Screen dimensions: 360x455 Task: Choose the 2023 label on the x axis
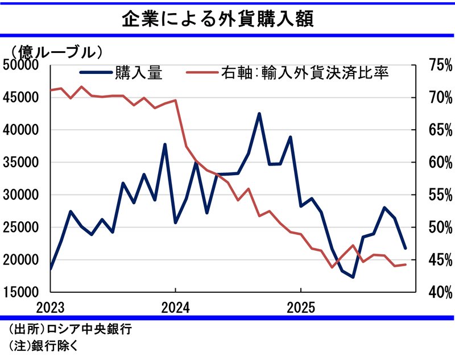coord(51,308)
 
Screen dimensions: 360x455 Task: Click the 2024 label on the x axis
coord(175,308)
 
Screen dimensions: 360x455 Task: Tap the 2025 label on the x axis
coord(300,308)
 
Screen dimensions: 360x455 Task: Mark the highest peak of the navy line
coord(259,114)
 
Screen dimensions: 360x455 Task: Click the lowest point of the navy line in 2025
coord(353,277)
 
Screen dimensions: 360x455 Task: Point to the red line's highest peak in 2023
coord(81,87)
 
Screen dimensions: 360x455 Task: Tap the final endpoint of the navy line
coord(405,248)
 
